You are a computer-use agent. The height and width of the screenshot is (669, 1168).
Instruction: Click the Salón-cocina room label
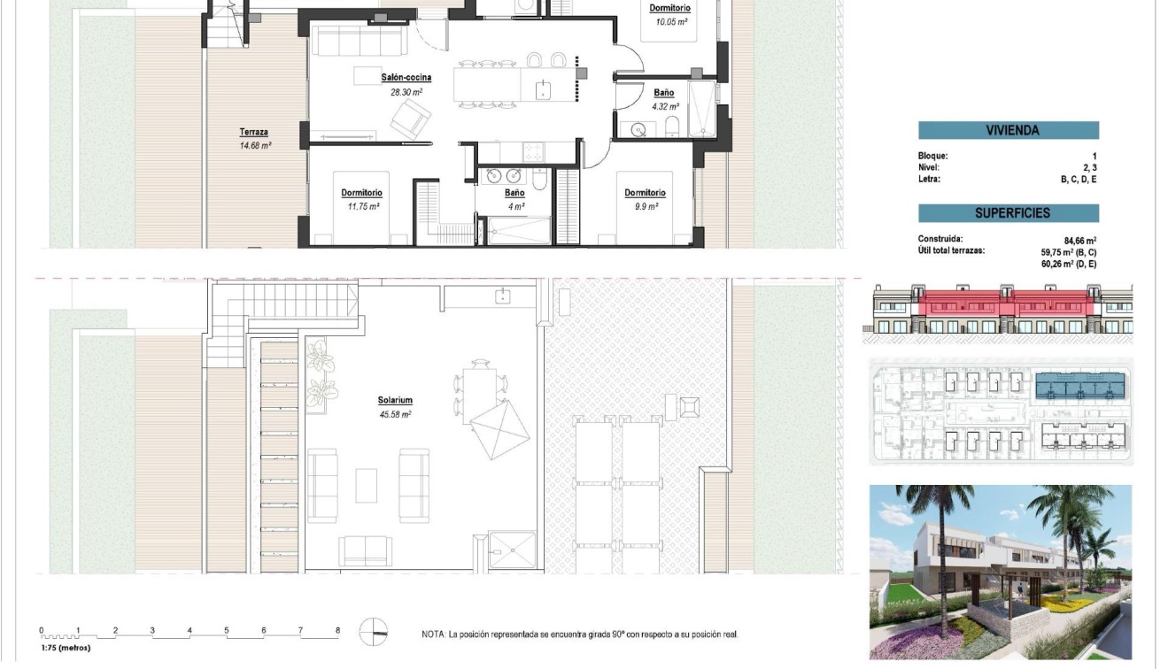(x=406, y=78)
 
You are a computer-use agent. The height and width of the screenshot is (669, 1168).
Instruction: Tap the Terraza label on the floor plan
(x=253, y=133)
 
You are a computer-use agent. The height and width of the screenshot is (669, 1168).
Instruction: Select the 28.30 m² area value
(x=406, y=91)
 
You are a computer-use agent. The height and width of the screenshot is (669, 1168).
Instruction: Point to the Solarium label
(x=394, y=401)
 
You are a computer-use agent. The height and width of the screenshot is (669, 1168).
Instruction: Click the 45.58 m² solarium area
(x=394, y=414)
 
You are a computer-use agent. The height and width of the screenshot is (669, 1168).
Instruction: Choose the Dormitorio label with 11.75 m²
(x=361, y=193)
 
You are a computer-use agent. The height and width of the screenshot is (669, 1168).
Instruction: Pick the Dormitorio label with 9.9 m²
(x=645, y=193)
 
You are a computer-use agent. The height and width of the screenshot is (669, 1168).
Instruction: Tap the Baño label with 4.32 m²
(x=663, y=93)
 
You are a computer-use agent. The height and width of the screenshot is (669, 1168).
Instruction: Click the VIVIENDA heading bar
(x=1009, y=131)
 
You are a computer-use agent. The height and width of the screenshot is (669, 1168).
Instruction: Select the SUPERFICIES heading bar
(x=1009, y=213)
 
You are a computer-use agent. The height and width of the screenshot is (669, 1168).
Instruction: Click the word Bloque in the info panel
(x=932, y=156)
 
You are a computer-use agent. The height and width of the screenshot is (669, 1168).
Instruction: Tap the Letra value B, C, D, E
(x=1079, y=179)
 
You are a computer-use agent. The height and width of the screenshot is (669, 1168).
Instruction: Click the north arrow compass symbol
(x=374, y=632)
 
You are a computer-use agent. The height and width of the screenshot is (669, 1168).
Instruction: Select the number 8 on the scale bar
(x=337, y=631)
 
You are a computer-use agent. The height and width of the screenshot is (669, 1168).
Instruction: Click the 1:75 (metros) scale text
(x=66, y=648)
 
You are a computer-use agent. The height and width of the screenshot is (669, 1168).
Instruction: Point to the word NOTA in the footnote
(x=433, y=634)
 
